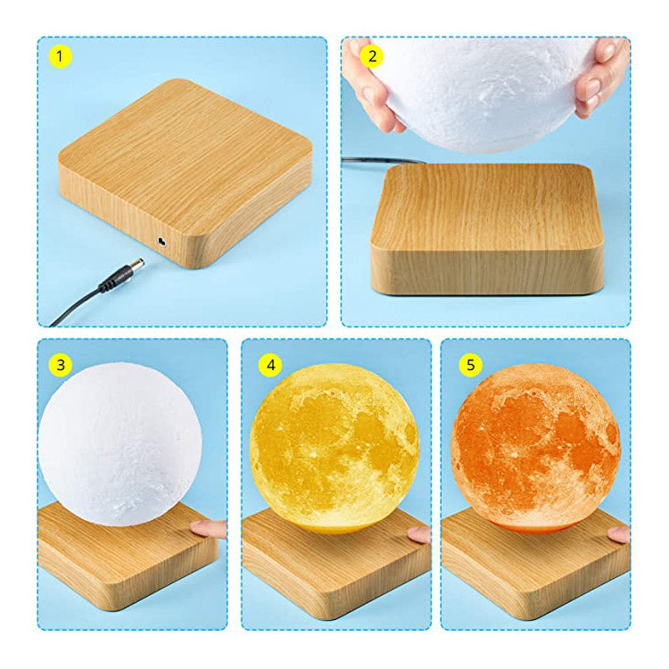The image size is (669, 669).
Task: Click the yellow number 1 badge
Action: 60,56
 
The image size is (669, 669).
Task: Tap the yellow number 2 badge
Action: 372,56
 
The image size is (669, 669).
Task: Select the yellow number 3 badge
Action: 60,365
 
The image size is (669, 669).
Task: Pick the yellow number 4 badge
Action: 270,365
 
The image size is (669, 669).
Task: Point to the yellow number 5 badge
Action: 470,365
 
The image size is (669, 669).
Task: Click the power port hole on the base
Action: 162,242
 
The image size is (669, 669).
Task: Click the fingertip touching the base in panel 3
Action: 208,530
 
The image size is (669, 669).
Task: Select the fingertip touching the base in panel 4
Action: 418,534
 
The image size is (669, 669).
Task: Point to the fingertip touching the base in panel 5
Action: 619,534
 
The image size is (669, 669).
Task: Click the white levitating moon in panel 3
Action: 120,444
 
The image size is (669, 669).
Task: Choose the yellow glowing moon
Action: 334,449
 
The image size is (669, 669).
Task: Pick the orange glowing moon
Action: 535,449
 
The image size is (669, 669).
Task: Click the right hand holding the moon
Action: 601,77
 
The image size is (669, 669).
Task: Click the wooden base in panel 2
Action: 487,229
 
